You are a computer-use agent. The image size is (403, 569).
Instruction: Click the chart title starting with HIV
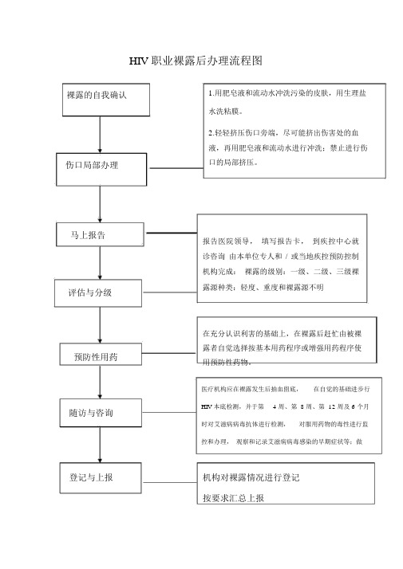coord(196,61)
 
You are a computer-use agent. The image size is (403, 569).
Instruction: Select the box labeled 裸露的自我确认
coord(106,100)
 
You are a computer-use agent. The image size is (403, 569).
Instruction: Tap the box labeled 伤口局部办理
coord(101,170)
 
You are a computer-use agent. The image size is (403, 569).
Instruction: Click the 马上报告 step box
coord(100,234)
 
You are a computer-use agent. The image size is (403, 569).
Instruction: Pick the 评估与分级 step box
coord(98,292)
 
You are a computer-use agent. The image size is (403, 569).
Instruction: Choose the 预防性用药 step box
coord(101,354)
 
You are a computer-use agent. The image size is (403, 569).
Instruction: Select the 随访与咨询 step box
coord(101,413)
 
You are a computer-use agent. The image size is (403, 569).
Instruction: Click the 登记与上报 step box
coord(101,478)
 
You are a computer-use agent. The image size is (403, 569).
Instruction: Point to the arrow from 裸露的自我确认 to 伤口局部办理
coord(100,135)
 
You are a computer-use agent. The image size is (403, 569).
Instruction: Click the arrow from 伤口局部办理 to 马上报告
coord(100,204)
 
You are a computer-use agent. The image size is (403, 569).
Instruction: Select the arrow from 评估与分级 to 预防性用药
coord(100,325)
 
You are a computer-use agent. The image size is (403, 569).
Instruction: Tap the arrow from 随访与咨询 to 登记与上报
coord(100,445)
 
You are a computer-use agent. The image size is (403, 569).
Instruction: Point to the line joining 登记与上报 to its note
coord(169,482)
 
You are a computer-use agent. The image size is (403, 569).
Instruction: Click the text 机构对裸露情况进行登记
coord(251,477)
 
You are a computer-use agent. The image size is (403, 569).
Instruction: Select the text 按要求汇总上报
coord(233,498)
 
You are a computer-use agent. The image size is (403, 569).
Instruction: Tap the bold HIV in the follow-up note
coord(207,406)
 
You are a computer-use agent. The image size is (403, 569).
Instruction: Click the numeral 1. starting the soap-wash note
coord(211,93)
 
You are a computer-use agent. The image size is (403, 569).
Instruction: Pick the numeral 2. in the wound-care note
coord(211,133)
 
